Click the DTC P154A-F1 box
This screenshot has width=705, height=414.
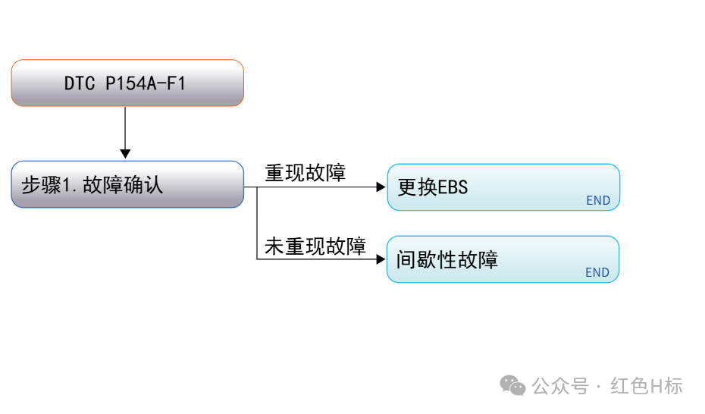click(127, 83)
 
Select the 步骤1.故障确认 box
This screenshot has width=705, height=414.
click(127, 184)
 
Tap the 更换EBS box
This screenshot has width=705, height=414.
click(503, 187)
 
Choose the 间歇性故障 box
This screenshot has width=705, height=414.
click(503, 259)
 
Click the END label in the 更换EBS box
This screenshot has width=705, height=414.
click(598, 200)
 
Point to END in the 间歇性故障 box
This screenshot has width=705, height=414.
click(597, 272)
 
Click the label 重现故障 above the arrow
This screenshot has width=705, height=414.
click(305, 173)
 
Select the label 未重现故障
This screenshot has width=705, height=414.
click(315, 246)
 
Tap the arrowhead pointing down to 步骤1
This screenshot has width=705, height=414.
click(125, 154)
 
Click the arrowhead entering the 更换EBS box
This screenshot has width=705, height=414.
click(381, 187)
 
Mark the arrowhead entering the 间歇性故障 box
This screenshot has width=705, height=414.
click(381, 259)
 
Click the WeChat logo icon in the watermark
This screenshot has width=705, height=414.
click(512, 386)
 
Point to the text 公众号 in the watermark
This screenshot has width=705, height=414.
click(560, 386)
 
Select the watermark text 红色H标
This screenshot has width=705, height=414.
click(647, 386)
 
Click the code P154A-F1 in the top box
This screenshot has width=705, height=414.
click(146, 83)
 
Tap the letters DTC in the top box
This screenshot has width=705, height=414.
click(80, 83)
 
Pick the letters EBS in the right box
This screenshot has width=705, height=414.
click(453, 187)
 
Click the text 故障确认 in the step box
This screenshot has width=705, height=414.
click(123, 185)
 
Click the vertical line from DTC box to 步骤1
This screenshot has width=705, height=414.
click(125, 128)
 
